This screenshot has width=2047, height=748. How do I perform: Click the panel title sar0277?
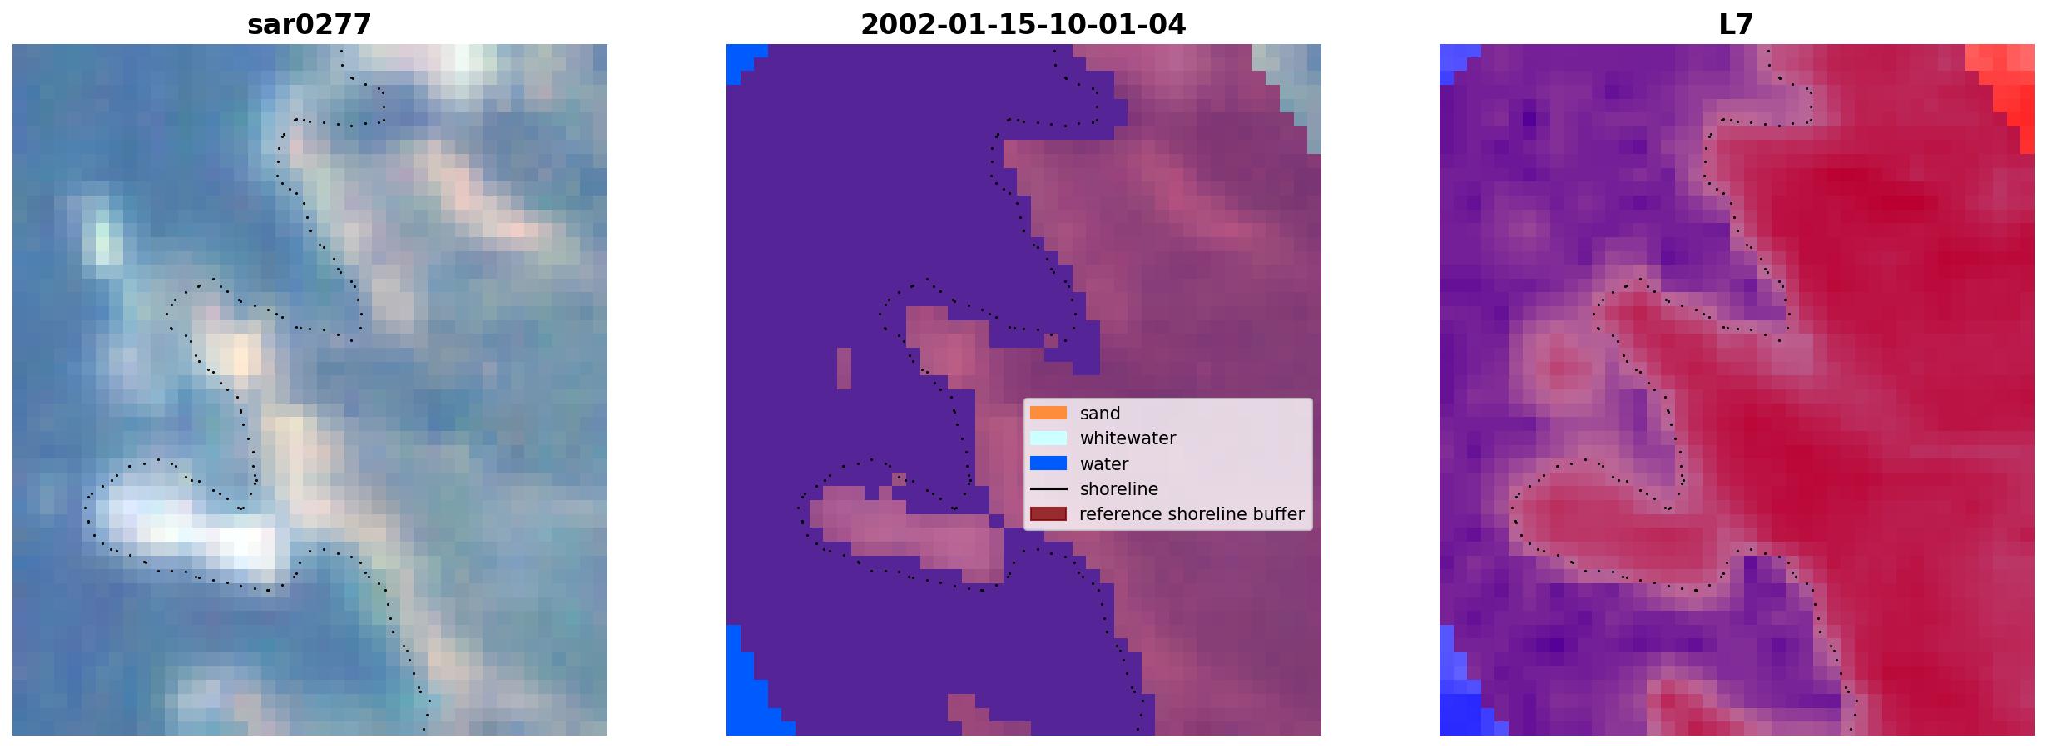(x=310, y=25)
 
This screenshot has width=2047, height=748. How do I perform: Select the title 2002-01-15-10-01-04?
(x=1023, y=25)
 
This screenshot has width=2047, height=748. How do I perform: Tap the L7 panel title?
(x=1736, y=25)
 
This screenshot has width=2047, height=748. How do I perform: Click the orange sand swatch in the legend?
(x=1048, y=413)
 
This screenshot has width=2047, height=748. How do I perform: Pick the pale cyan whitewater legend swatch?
(x=1048, y=438)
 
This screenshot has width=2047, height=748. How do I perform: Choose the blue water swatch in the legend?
(x=1048, y=463)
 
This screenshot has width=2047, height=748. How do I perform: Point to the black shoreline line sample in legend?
(x=1048, y=489)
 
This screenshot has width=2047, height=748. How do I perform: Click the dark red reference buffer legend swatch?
(x=1048, y=514)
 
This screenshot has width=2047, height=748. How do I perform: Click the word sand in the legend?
(x=1100, y=414)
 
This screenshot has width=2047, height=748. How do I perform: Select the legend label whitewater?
(x=1128, y=438)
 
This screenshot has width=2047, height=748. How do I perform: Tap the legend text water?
(x=1104, y=464)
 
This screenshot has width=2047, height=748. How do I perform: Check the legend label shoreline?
(x=1119, y=489)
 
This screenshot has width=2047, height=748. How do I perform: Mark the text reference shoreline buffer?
(x=1192, y=514)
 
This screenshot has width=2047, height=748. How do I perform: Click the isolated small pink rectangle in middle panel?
(x=844, y=369)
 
